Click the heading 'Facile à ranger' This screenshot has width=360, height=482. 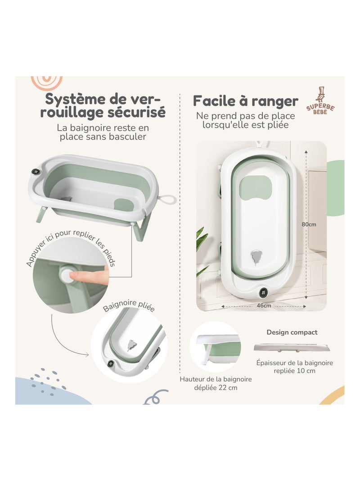[245, 101]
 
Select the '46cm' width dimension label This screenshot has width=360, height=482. [264, 305]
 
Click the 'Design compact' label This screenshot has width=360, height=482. [292, 332]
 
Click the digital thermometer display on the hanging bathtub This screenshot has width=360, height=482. [262, 291]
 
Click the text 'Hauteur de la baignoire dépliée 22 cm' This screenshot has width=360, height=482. [216, 383]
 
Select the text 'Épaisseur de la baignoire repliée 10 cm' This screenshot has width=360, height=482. [294, 367]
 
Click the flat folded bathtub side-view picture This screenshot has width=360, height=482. [292, 348]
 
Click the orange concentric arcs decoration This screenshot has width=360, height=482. [47, 82]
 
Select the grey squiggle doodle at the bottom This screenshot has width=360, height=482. [156, 397]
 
